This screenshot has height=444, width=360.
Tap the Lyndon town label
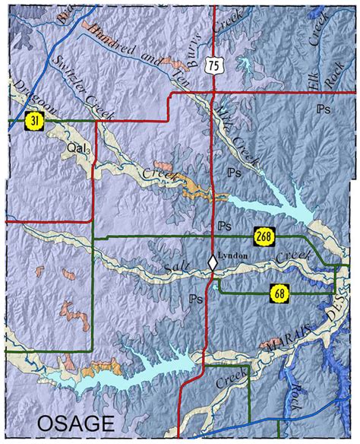pos(232,256)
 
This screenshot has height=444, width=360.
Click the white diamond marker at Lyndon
pos(213,262)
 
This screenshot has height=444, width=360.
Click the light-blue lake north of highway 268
pos(277,204)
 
